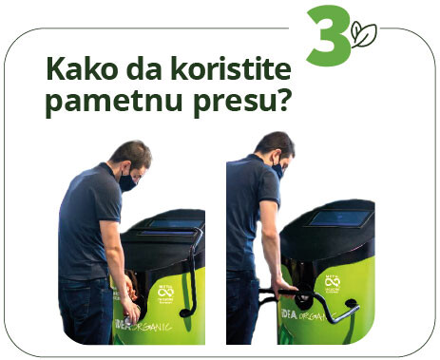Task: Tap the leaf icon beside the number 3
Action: (x=365, y=35)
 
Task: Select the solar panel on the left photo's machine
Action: (x=172, y=224)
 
